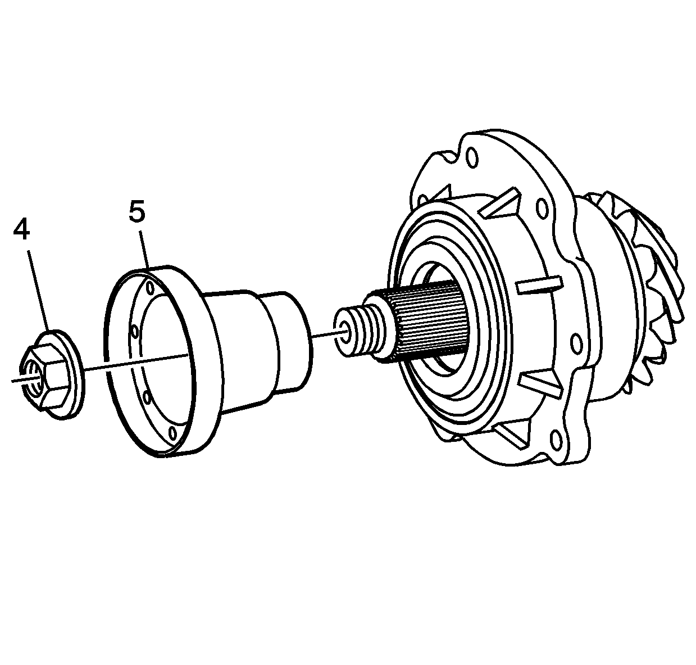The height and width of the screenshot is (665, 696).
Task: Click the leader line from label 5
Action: point(143,247)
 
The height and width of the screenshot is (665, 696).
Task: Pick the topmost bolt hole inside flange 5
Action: point(150,288)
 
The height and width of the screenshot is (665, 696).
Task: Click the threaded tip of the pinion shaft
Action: point(360,332)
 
